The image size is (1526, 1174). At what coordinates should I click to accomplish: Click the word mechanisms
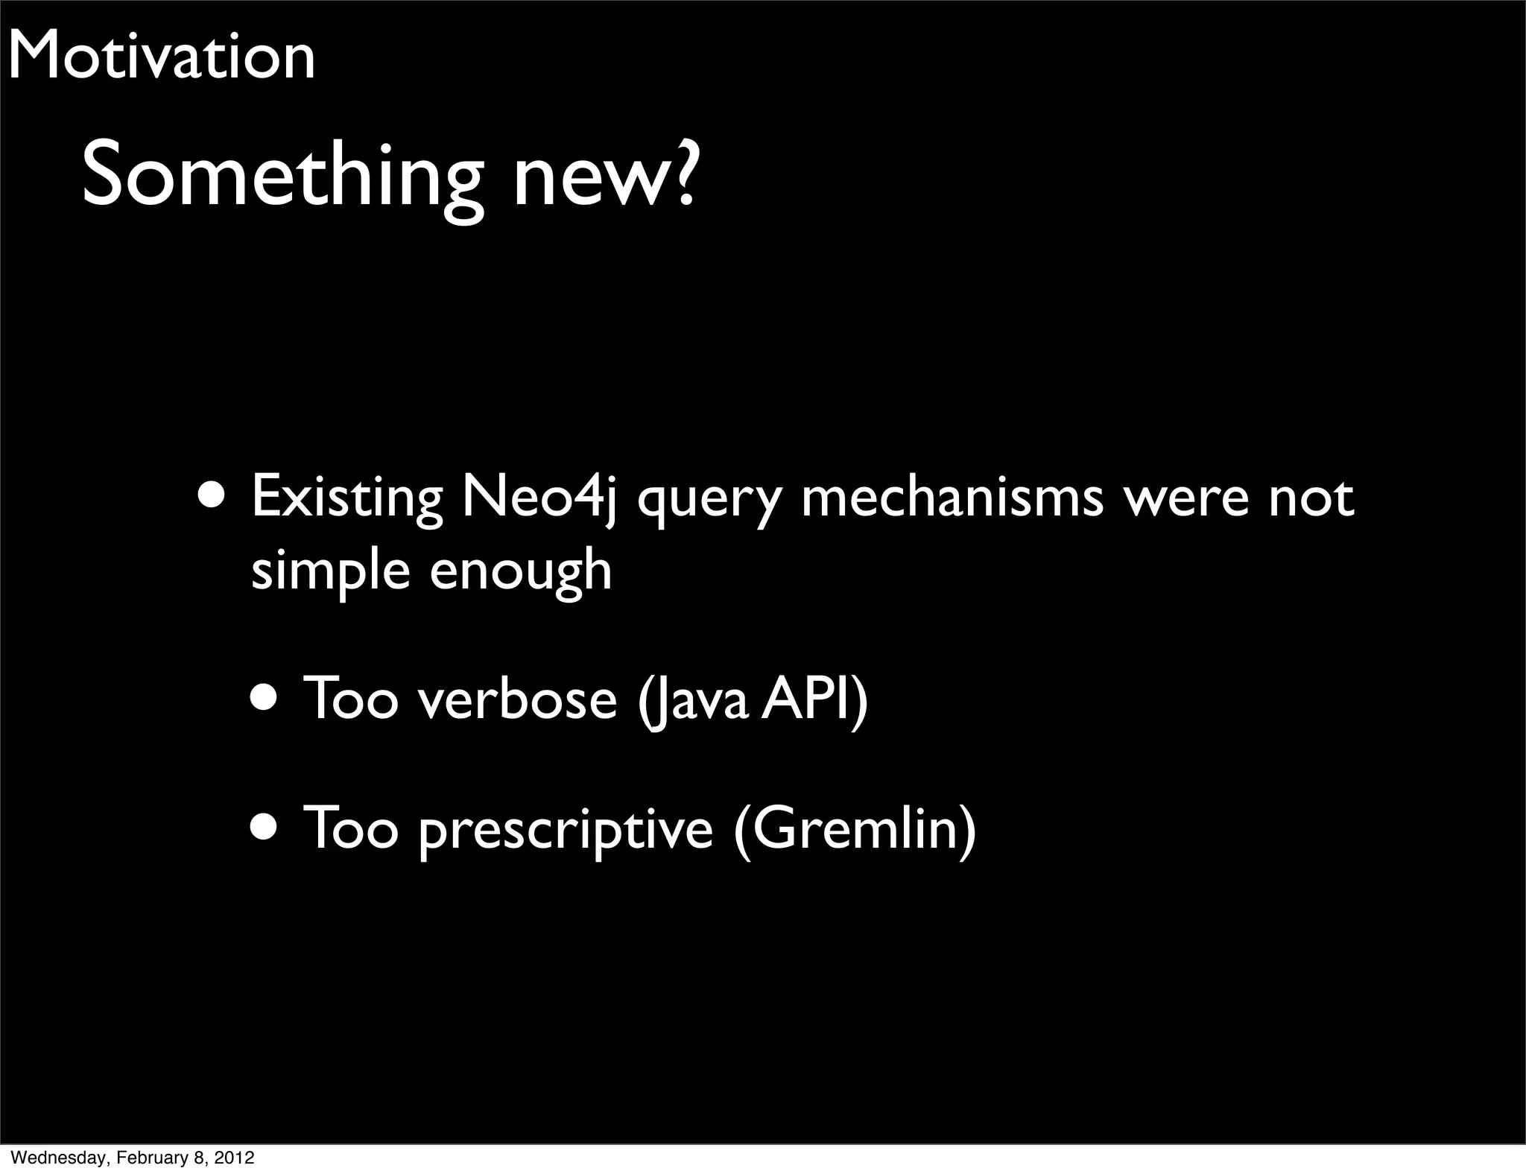(952, 498)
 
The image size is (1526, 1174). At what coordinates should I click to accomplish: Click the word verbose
(517, 699)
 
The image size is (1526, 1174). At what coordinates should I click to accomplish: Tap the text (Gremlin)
(855, 829)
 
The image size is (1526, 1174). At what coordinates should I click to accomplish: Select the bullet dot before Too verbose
(267, 699)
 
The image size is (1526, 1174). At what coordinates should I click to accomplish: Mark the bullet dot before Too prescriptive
(267, 826)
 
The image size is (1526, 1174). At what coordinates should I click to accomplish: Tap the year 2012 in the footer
(236, 1158)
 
